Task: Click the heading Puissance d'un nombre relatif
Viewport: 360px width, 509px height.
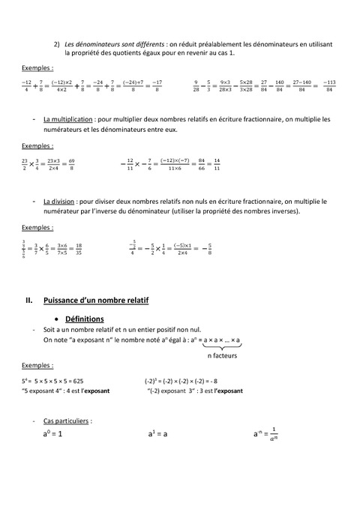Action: pyautogui.click(x=97, y=301)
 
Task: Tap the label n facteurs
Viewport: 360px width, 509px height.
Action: pyautogui.click(x=223, y=356)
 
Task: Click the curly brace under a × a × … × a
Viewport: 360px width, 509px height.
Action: pyautogui.click(x=222, y=347)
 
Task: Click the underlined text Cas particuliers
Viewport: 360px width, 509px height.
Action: pyautogui.click(x=67, y=421)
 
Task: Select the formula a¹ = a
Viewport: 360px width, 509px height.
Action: pyautogui.click(x=157, y=434)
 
